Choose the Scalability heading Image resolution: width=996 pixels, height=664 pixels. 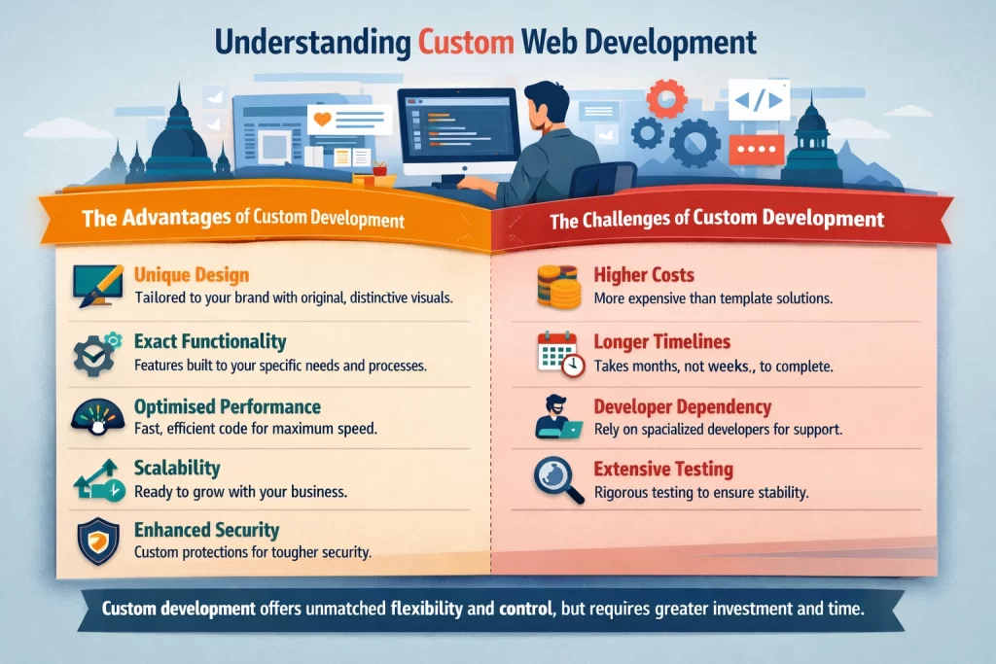click(x=177, y=469)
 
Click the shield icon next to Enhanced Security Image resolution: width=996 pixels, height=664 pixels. click(x=96, y=540)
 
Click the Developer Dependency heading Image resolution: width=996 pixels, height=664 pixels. click(x=682, y=406)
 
